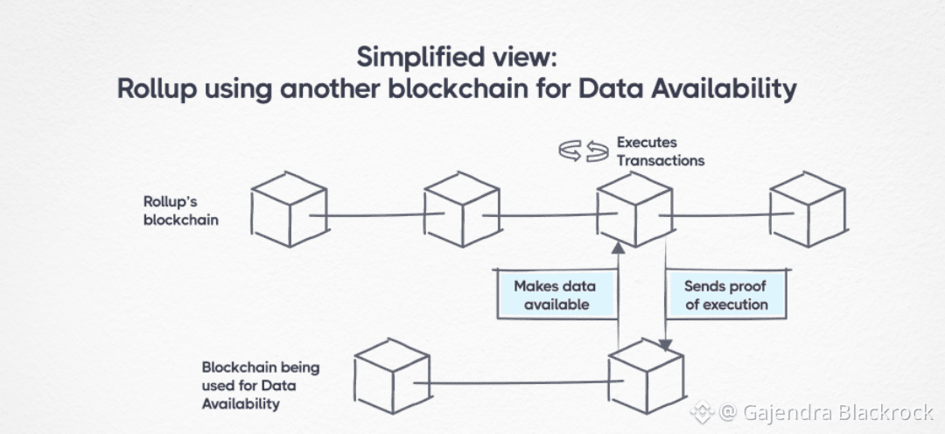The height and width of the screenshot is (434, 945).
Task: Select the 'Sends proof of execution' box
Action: point(725,295)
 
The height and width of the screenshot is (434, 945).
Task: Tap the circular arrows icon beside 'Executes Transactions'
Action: point(584,151)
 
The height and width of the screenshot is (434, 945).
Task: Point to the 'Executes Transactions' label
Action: point(660,151)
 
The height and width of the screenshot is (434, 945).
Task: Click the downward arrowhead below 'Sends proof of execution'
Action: point(668,345)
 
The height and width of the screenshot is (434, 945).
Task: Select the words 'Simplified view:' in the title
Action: point(456,57)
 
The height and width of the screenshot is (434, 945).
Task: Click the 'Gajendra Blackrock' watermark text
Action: point(838,411)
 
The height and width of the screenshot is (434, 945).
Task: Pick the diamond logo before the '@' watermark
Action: point(701,411)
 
